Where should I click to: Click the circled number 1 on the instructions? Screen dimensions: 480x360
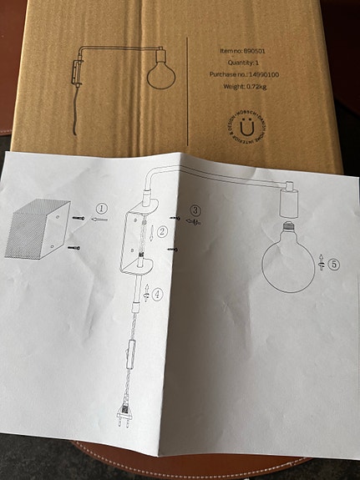pyautogui.click(x=101, y=209)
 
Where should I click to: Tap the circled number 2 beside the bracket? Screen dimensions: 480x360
pyautogui.click(x=164, y=231)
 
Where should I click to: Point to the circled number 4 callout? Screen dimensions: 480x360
pyautogui.click(x=157, y=292)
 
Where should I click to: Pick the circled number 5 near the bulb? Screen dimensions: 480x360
pyautogui.click(x=333, y=265)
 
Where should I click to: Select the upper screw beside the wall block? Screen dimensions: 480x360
pyautogui.click(x=78, y=220)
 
